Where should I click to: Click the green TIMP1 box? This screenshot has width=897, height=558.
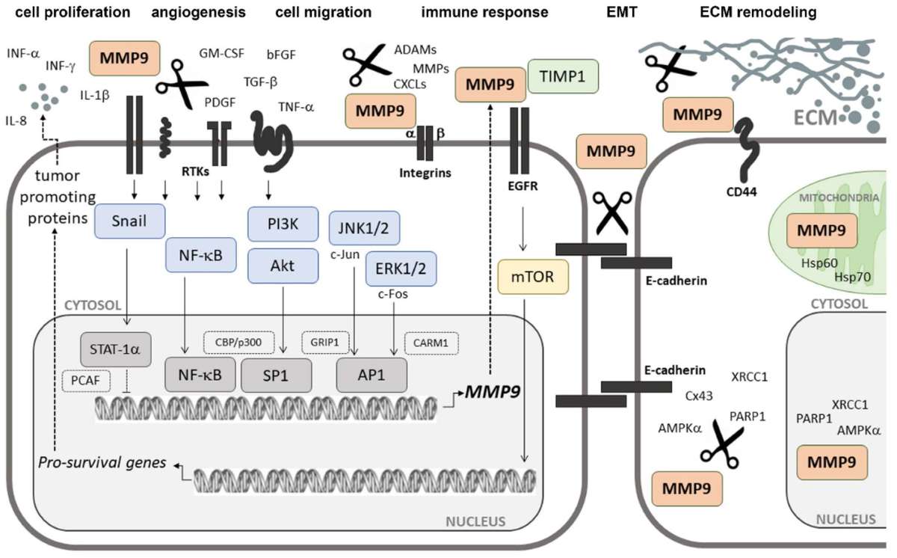563,76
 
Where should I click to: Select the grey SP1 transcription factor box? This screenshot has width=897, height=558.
275,375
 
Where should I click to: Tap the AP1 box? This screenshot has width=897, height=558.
372,375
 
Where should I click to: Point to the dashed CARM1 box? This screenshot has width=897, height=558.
431,343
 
